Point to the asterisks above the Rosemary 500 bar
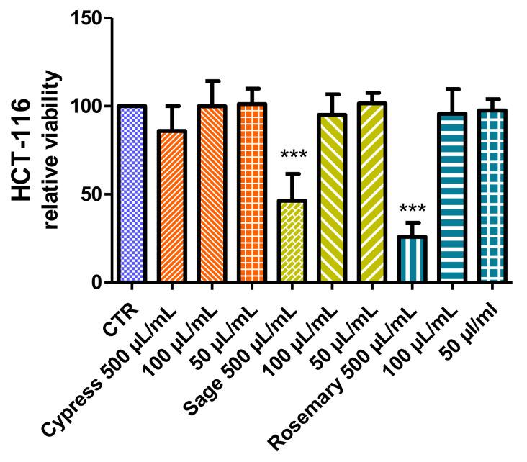[413, 209]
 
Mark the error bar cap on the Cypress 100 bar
[212, 81]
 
